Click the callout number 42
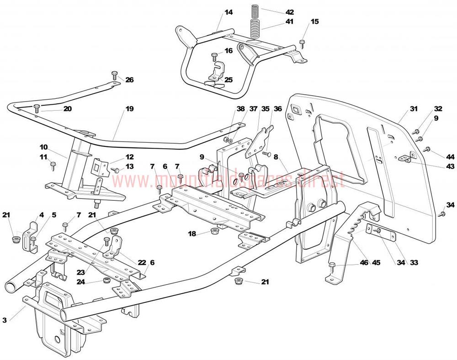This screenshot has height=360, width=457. pyautogui.click(x=289, y=12)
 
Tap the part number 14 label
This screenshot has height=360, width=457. pyautogui.click(x=229, y=12)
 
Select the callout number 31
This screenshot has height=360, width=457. pyautogui.click(x=414, y=109)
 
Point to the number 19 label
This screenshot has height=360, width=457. pyautogui.click(x=129, y=109)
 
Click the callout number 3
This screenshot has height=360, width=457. pyautogui.click(x=5, y=320)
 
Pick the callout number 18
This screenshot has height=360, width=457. pyautogui.click(x=192, y=234)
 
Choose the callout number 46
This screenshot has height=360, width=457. pyautogui.click(x=364, y=263)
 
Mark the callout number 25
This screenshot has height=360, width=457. pyautogui.click(x=229, y=80)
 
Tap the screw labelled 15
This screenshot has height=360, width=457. pyautogui.click(x=302, y=44)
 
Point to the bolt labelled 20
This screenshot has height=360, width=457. pyautogui.click(x=37, y=108)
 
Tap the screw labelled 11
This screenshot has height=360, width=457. pyautogui.click(x=53, y=166)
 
